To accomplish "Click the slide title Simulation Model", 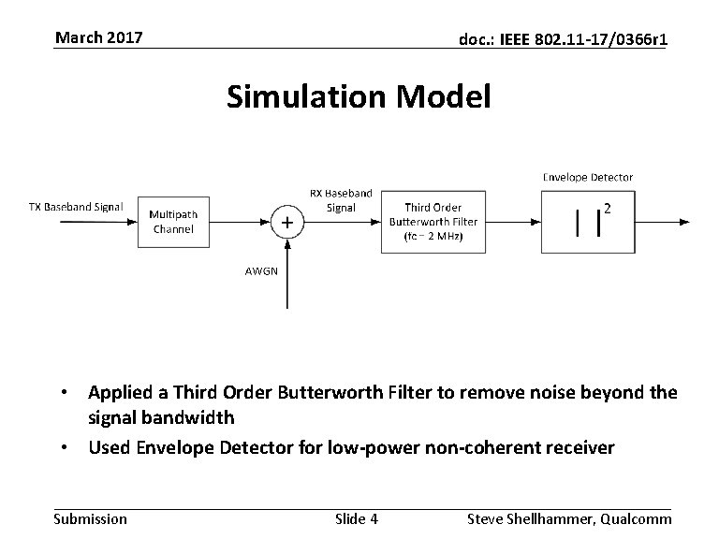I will click(x=358, y=96).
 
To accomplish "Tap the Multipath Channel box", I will click(x=173, y=222).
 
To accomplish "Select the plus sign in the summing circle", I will click(x=286, y=222).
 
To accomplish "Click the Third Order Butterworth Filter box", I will click(x=433, y=222).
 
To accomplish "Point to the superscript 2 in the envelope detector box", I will click(x=609, y=209).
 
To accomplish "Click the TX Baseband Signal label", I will click(x=76, y=207).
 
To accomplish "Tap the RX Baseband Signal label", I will click(x=341, y=200).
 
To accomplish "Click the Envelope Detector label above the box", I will click(x=588, y=177).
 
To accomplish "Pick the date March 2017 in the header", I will click(x=98, y=37).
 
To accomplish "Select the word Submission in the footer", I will click(x=91, y=518).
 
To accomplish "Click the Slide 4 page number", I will click(x=356, y=518).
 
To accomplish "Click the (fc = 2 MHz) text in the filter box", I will click(x=433, y=237).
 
